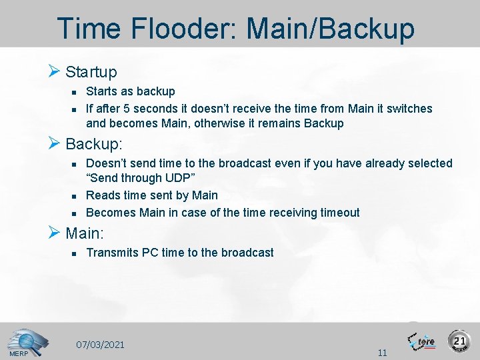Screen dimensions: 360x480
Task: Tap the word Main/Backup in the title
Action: pyautogui.click(x=331, y=29)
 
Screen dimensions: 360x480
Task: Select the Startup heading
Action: pyautogui.click(x=91, y=72)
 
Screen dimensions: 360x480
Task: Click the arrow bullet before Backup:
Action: pyautogui.click(x=55, y=143)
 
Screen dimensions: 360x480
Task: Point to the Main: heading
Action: pyautogui.click(x=85, y=233)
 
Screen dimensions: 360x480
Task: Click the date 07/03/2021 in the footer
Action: pyautogui.click(x=100, y=345)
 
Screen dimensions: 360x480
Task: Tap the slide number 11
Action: pyautogui.click(x=382, y=353)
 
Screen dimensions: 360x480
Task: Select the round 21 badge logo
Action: pyautogui.click(x=459, y=341)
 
